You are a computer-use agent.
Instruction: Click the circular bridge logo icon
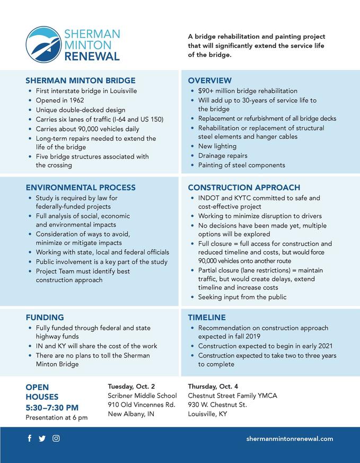click(x=43, y=45)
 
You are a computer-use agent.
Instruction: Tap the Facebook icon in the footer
click(x=29, y=439)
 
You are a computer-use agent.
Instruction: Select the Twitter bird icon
click(x=42, y=439)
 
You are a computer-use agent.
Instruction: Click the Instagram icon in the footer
click(x=56, y=439)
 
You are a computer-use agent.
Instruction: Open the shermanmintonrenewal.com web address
click(x=289, y=439)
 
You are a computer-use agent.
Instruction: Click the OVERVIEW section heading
click(x=210, y=81)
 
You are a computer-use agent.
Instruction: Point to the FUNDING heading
click(x=45, y=317)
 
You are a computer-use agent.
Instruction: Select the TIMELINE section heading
click(x=207, y=317)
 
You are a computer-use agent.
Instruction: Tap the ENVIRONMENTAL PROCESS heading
click(x=81, y=187)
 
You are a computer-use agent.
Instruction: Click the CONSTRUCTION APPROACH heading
click(x=244, y=187)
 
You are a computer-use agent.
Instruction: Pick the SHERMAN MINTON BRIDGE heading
click(x=81, y=81)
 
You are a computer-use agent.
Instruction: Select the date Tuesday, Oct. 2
click(x=131, y=386)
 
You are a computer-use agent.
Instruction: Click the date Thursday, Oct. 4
click(x=213, y=386)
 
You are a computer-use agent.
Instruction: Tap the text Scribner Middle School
click(x=142, y=396)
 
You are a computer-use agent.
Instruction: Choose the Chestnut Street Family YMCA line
click(x=232, y=396)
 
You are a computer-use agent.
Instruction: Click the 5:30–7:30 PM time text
click(x=52, y=407)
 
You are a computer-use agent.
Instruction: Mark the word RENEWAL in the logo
click(x=92, y=56)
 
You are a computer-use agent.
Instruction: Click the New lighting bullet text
click(x=217, y=146)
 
